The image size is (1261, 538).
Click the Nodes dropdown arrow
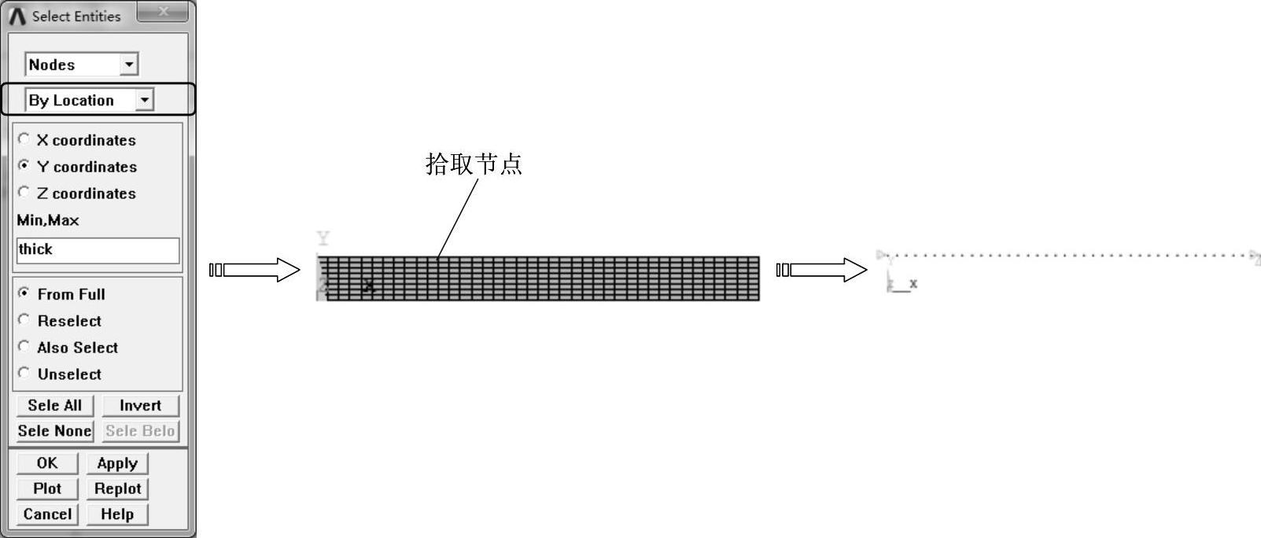pyautogui.click(x=129, y=64)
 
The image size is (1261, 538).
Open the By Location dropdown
pyautogui.click(x=144, y=100)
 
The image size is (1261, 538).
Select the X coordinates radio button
pyautogui.click(x=24, y=139)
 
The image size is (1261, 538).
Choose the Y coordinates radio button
pyautogui.click(x=24, y=166)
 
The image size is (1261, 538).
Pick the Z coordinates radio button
pyautogui.click(x=24, y=193)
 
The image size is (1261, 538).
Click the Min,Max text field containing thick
pyautogui.click(x=98, y=250)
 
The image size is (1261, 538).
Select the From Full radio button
pyautogui.click(x=24, y=293)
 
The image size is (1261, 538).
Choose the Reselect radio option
pyautogui.click(x=24, y=320)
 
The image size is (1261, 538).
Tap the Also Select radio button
pyautogui.click(x=24, y=347)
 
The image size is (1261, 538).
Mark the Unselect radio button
pyautogui.click(x=24, y=374)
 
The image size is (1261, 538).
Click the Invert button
pyautogui.click(x=140, y=405)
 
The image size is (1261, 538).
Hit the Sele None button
pyautogui.click(x=54, y=431)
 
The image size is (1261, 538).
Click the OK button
pyautogui.click(x=47, y=463)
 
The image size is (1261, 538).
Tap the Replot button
pyautogui.click(x=117, y=488)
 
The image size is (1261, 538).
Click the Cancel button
pyautogui.click(x=47, y=514)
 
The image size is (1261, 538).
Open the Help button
pyautogui.click(x=117, y=514)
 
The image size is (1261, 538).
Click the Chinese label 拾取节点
pyautogui.click(x=474, y=164)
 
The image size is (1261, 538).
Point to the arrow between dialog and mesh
pyautogui.click(x=255, y=270)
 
